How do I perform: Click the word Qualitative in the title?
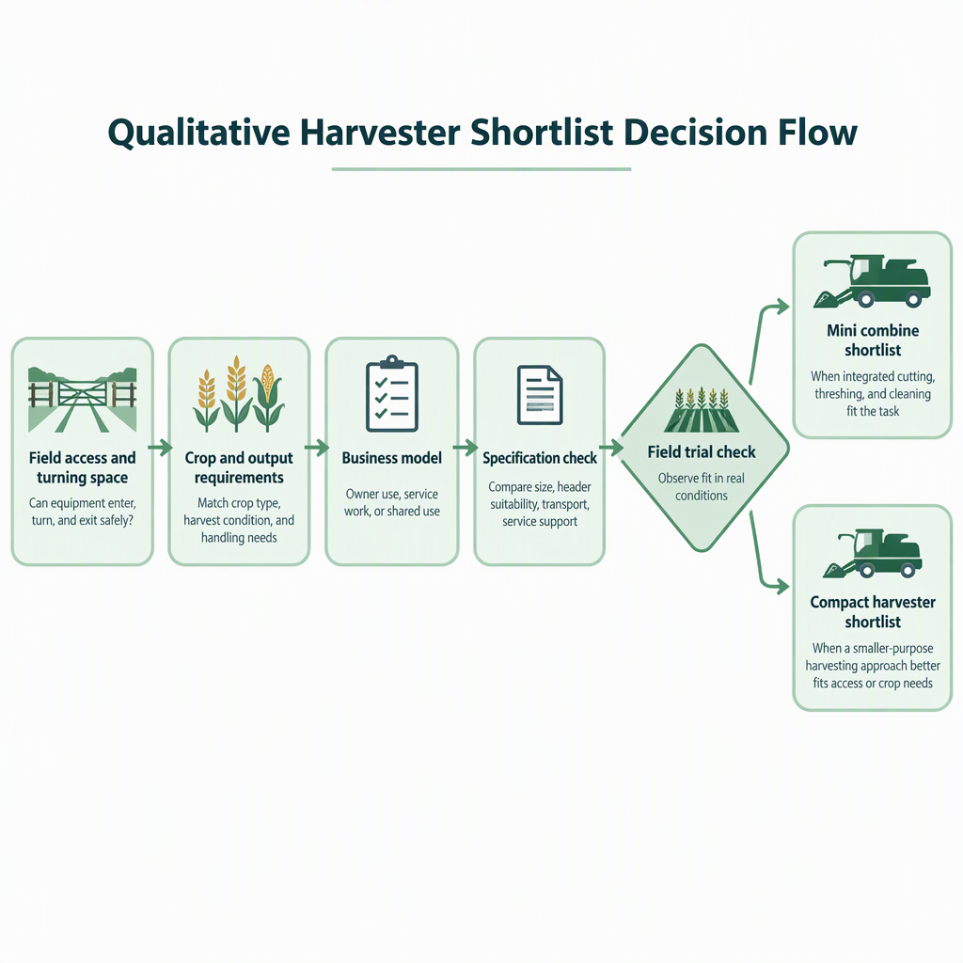coord(198,134)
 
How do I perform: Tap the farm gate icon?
coord(83,400)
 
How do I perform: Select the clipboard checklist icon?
coord(392,394)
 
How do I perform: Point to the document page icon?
coord(540,395)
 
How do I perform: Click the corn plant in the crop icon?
coord(268,396)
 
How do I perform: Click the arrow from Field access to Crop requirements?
coord(160,448)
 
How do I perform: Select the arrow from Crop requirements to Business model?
coord(317,448)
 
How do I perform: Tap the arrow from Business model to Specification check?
coord(466,448)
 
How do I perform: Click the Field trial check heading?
coord(702,452)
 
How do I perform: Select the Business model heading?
coord(392,458)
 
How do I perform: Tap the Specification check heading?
coord(540,458)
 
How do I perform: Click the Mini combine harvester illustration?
coord(872,282)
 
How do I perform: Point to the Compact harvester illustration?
coord(872,553)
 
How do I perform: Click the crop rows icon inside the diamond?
coord(702,410)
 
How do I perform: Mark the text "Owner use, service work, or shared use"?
coord(392,502)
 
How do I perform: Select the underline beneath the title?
coord(481,169)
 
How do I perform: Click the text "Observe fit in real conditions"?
coord(702,487)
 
